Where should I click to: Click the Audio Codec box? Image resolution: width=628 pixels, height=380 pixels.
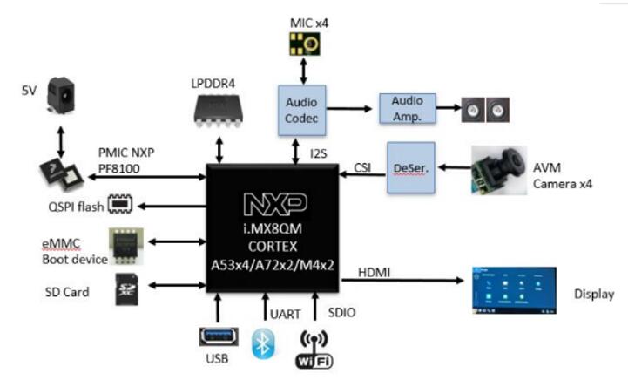click(302, 110)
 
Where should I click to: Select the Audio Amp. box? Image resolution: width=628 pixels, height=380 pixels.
click(408, 108)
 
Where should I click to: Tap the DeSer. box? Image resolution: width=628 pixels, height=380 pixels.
click(411, 167)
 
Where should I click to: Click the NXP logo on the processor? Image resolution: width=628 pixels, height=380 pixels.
click(275, 204)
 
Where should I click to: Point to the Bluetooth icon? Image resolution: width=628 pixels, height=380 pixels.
click(263, 343)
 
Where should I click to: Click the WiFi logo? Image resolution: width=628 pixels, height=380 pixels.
click(314, 349)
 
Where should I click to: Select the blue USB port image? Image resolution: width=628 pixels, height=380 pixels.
click(219, 336)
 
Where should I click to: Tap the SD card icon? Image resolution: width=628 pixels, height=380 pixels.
click(127, 289)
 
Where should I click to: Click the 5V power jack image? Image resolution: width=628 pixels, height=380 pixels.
click(61, 96)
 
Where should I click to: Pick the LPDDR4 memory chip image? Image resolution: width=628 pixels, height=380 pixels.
click(219, 111)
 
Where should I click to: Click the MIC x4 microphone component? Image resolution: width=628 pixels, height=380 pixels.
click(305, 44)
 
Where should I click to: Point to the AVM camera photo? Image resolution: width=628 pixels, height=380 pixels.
click(499, 170)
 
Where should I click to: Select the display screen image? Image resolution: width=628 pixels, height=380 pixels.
click(514, 290)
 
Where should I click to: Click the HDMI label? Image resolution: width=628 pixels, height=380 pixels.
click(374, 273)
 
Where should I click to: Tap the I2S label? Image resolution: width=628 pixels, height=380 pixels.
click(319, 153)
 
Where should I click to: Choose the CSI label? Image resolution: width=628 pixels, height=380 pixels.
click(362, 167)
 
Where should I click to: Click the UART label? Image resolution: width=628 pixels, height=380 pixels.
click(285, 315)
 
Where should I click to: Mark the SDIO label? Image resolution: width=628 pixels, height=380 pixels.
click(341, 312)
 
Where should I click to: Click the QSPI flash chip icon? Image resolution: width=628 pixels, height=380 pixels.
click(120, 204)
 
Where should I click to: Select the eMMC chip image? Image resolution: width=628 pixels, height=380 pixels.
click(126, 247)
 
